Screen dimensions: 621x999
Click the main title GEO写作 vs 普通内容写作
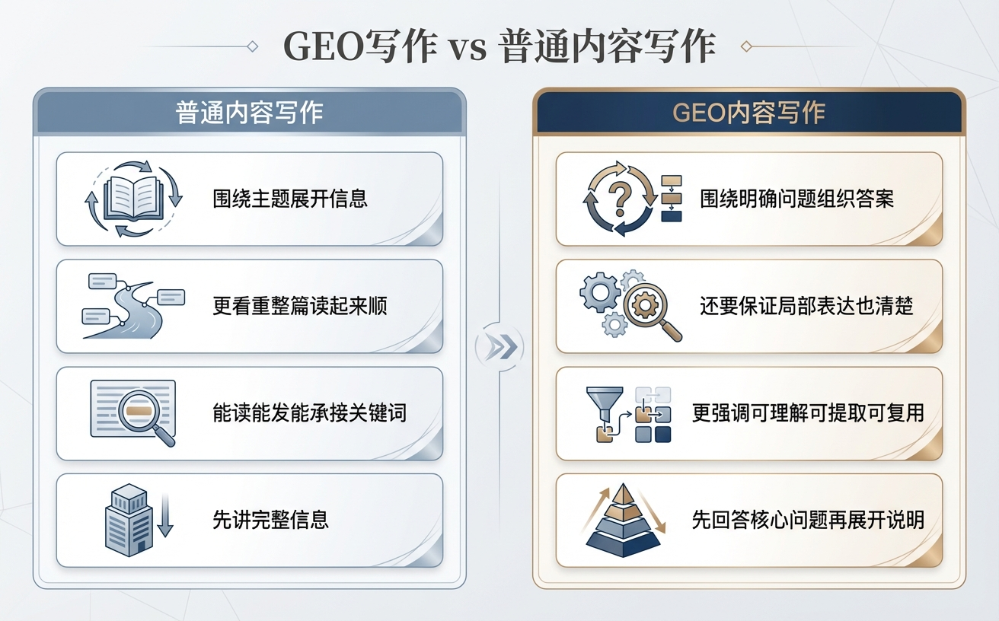(x=499, y=46)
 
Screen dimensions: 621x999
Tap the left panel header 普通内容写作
(x=249, y=113)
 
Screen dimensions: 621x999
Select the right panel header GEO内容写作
(x=749, y=113)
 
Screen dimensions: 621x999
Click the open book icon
(x=132, y=198)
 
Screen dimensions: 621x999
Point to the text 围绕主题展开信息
(x=290, y=199)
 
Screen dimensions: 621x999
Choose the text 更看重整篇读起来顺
(x=300, y=306)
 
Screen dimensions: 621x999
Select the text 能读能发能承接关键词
(x=309, y=413)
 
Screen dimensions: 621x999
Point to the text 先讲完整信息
(x=270, y=521)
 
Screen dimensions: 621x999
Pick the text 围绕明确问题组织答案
(x=796, y=199)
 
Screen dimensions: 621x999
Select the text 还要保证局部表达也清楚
(x=806, y=306)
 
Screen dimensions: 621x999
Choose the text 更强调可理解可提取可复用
(x=808, y=413)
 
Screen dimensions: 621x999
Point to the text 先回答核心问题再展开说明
(x=808, y=521)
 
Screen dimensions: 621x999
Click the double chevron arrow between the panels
(x=499, y=347)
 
